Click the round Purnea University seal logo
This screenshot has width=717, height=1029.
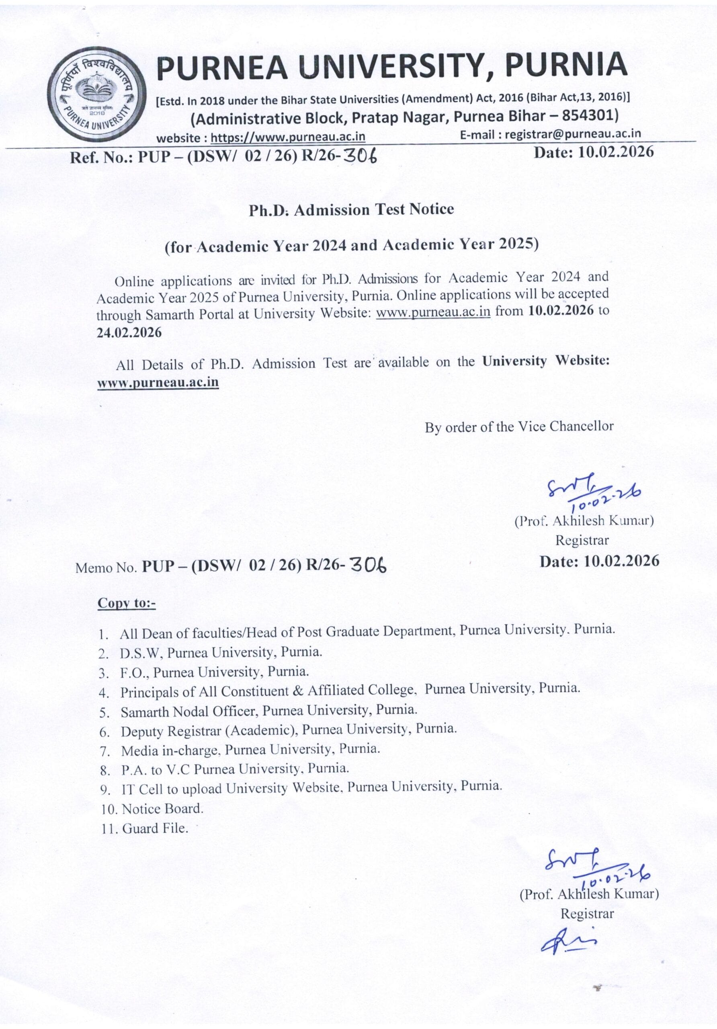(x=98, y=95)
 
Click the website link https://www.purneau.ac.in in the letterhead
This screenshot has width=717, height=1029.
(x=288, y=137)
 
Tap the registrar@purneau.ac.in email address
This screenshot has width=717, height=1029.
(x=573, y=133)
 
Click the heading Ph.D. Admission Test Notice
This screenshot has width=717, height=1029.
(x=351, y=210)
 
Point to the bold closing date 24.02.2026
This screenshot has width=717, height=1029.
(x=129, y=332)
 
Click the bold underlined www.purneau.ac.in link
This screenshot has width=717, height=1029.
(x=158, y=382)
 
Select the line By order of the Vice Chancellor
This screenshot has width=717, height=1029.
(x=519, y=426)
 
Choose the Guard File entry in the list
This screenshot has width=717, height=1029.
(x=155, y=828)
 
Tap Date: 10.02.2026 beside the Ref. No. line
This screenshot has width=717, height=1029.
(x=593, y=152)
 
